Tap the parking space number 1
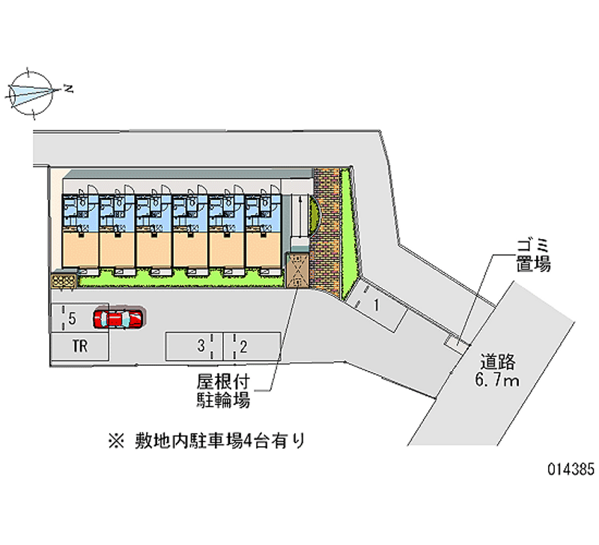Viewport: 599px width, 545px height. [x=377, y=304]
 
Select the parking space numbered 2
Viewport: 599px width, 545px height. [x=244, y=346]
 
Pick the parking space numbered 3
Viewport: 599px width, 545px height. [x=201, y=346]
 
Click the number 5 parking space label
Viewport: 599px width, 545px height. [x=71, y=319]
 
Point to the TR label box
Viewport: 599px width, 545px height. [x=80, y=346]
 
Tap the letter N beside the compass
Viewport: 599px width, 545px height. [x=68, y=89]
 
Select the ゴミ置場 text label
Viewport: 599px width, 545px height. [x=532, y=254]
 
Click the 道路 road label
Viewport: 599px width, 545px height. [x=498, y=362]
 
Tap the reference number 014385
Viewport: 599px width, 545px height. [x=571, y=470]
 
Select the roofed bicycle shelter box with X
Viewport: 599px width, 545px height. [x=297, y=271]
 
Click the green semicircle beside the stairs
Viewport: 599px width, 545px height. [x=315, y=215]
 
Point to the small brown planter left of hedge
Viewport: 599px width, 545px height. [x=63, y=280]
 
